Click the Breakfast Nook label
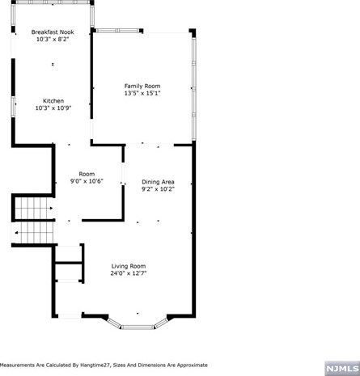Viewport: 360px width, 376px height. coord(53,32)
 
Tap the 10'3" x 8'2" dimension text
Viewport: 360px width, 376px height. coord(53,39)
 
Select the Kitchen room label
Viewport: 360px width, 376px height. coord(53,101)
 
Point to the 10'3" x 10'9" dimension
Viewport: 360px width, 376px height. coord(53,108)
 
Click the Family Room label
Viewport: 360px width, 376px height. coord(142,86)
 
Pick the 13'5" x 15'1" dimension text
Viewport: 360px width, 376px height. coord(142,93)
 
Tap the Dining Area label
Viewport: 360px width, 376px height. coord(158,182)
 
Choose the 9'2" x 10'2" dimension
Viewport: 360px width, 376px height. coord(158,189)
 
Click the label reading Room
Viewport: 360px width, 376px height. coord(87,174)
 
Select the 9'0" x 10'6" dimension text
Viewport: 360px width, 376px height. coord(87,181)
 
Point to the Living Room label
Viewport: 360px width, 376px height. coord(128,266)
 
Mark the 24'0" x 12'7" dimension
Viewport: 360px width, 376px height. coord(128,273)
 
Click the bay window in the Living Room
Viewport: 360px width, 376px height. coord(137,325)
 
